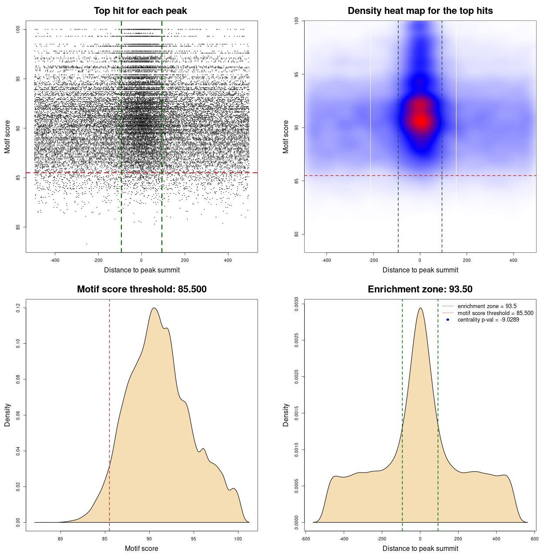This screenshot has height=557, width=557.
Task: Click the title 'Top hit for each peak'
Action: [141, 11]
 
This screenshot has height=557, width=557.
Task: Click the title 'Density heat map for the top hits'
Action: [420, 11]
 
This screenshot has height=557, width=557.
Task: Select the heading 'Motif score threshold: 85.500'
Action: [141, 289]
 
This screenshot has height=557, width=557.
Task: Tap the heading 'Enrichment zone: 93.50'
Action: [420, 289]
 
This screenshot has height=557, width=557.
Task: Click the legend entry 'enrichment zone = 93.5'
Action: [487, 306]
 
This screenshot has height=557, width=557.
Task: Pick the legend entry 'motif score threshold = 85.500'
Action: [495, 313]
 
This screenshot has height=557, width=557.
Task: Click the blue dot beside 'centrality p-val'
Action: [448, 320]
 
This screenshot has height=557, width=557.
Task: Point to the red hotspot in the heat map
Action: [420, 121]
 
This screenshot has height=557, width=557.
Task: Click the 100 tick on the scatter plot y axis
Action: [18, 29]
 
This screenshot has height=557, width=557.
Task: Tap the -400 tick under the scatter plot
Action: [55, 260]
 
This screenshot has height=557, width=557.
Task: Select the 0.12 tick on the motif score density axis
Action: [18, 308]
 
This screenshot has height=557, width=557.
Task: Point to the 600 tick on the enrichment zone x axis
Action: [535, 539]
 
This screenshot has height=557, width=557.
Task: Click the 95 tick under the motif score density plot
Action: [194, 539]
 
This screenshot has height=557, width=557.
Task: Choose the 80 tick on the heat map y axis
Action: [297, 234]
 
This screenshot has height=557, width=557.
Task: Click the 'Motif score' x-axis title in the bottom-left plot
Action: [141, 548]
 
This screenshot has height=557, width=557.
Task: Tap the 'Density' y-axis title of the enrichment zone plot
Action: [286, 415]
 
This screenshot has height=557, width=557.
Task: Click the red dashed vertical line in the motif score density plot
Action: [109, 413]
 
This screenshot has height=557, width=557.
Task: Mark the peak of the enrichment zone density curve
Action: [420, 308]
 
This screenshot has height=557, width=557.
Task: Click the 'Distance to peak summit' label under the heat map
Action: [420, 270]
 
